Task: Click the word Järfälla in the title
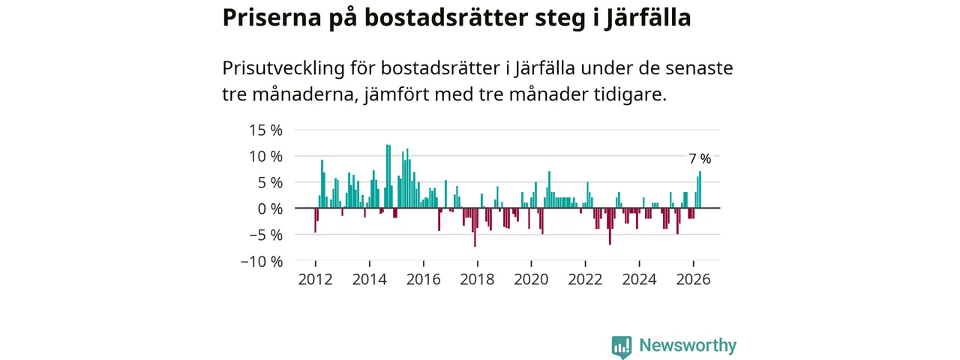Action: (647, 19)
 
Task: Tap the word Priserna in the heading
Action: (272, 19)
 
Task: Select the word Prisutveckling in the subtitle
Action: (283, 68)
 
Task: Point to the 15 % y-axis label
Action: (265, 130)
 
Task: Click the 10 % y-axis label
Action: (265, 157)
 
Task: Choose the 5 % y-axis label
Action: (270, 183)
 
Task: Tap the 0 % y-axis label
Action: (270, 209)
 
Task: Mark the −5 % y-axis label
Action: (265, 235)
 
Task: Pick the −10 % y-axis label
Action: (262, 262)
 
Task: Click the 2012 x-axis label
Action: (316, 280)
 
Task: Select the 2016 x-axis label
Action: (424, 280)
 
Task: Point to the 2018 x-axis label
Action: (477, 280)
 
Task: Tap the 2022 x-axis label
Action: (585, 280)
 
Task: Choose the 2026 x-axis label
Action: (693, 280)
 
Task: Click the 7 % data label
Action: (700, 159)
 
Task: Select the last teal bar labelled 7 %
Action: (700, 190)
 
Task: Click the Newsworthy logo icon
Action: (622, 347)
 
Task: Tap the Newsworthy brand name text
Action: (688, 345)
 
